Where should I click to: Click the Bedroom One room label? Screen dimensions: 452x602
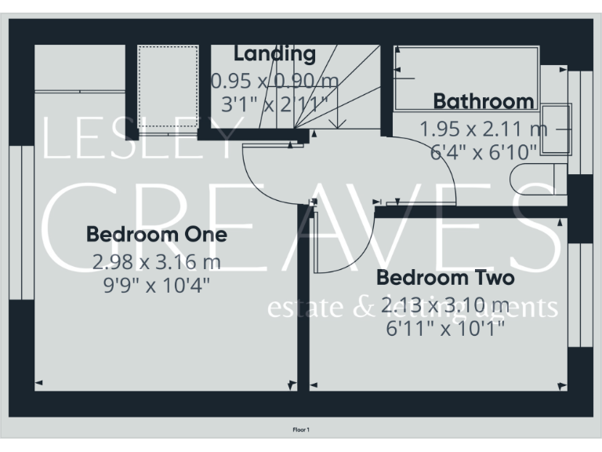coord(156,234)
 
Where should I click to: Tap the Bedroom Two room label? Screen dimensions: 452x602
coord(445,278)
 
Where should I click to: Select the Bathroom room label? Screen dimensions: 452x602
coord(484,101)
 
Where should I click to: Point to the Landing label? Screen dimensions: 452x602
coord(274,54)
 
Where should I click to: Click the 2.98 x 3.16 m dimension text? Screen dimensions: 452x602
coord(156,261)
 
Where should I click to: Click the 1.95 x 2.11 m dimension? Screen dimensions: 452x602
coord(483,128)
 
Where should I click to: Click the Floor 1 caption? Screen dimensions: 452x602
coord(301,430)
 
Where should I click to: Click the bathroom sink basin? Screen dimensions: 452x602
coord(558,128)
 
